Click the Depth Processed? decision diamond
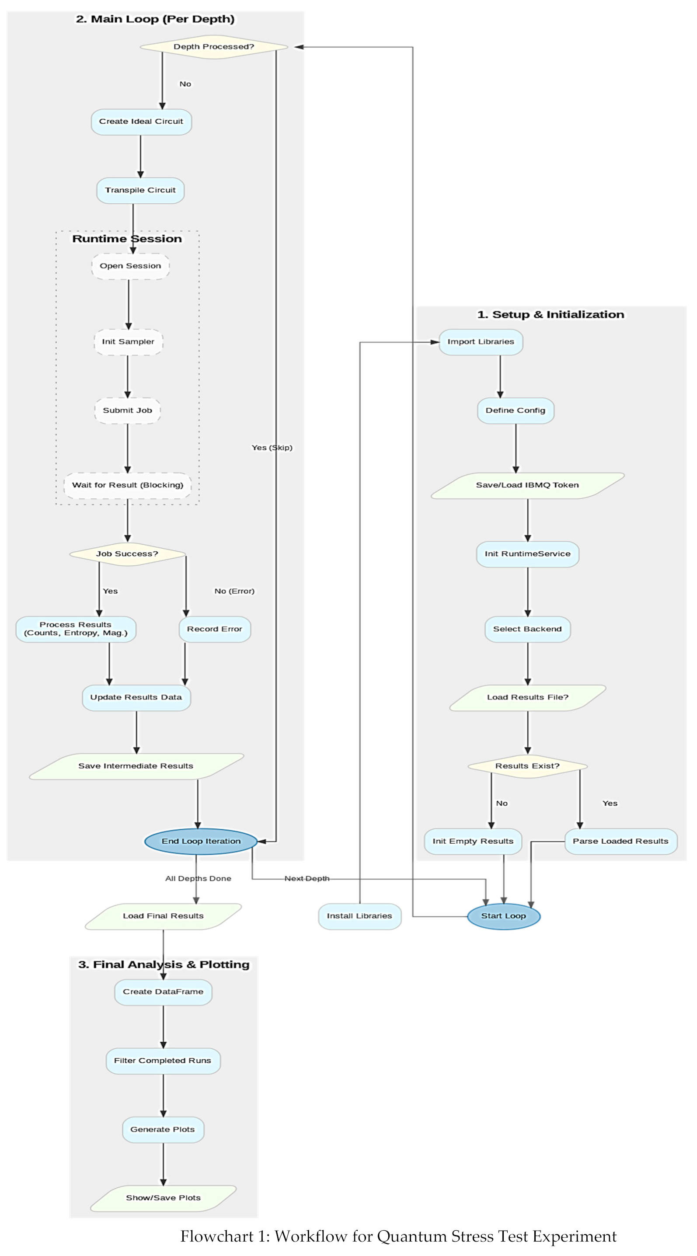pos(214,47)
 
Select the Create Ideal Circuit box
pos(141,122)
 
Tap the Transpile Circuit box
pos(140,190)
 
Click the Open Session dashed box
pos(130,266)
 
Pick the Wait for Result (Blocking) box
pos(127,485)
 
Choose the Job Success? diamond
pos(127,554)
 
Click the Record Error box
pos(215,629)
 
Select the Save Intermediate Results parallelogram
pos(136,766)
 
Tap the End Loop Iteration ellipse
pos(201,841)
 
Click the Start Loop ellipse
pos(503,916)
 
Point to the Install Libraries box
pos(359,916)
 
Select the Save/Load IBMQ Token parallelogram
pos(527,485)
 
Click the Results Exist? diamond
pos(527,766)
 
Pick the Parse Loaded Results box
pos(620,841)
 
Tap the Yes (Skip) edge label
pos(272,448)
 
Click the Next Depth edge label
pos(307,879)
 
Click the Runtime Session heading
pos(127,239)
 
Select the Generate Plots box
pos(162,1129)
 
